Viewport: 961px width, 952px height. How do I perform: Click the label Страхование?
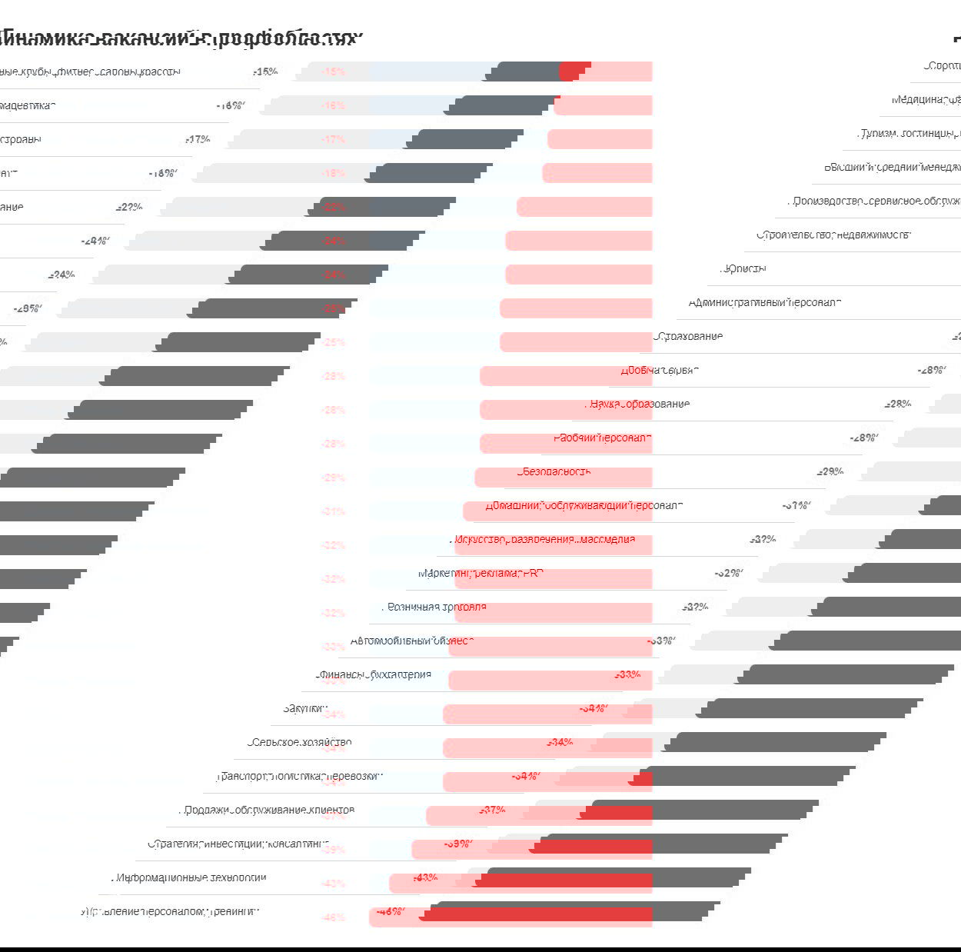(689, 336)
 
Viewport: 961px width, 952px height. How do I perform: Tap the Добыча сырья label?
(659, 370)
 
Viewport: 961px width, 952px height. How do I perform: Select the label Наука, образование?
(639, 404)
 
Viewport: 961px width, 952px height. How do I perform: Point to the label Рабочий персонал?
(602, 438)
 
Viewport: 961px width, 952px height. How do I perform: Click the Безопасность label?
(554, 471)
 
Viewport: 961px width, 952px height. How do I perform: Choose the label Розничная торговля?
(436, 607)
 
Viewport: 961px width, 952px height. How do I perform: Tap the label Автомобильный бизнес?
(412, 641)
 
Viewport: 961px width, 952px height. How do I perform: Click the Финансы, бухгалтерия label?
(374, 674)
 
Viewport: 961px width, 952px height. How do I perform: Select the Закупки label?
(304, 708)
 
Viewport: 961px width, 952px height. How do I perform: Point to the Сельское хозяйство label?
(301, 742)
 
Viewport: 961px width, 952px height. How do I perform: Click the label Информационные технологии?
(190, 877)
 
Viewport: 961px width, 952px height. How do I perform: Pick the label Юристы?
(743, 268)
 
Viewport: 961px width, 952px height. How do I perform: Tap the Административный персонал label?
(764, 302)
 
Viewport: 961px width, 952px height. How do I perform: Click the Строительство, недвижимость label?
(833, 235)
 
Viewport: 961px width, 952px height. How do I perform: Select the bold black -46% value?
(391, 911)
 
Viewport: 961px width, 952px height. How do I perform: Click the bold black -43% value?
(425, 877)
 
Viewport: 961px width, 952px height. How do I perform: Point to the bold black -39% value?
(457, 844)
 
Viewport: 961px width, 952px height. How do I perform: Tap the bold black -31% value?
(796, 505)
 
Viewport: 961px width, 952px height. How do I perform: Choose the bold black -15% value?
(264, 72)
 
